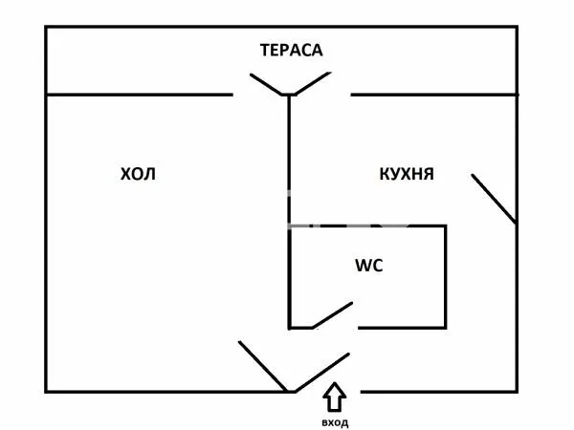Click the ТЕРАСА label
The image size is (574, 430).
tap(292, 51)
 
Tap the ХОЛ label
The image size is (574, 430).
tap(138, 174)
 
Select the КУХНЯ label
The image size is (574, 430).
tap(407, 174)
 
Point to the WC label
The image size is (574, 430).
tap(369, 266)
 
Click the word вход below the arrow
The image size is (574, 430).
tap(335, 422)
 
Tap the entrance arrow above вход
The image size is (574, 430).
tap(334, 397)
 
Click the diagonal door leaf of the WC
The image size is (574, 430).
tap(332, 315)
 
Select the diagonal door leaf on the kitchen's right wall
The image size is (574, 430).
tap(494, 199)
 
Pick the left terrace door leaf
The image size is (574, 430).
tap(267, 84)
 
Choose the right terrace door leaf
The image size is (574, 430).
tap(313, 83)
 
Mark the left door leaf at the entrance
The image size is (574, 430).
tap(263, 366)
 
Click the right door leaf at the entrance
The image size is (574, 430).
tap(322, 373)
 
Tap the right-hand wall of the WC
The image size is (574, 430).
tap(445, 277)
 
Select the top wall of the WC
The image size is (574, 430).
tap(367, 226)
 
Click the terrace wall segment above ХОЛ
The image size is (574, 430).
tap(139, 95)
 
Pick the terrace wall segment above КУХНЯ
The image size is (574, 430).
tap(434, 95)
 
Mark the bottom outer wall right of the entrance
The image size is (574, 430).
tap(438, 392)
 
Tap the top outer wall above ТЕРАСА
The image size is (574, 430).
tap(281, 27)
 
